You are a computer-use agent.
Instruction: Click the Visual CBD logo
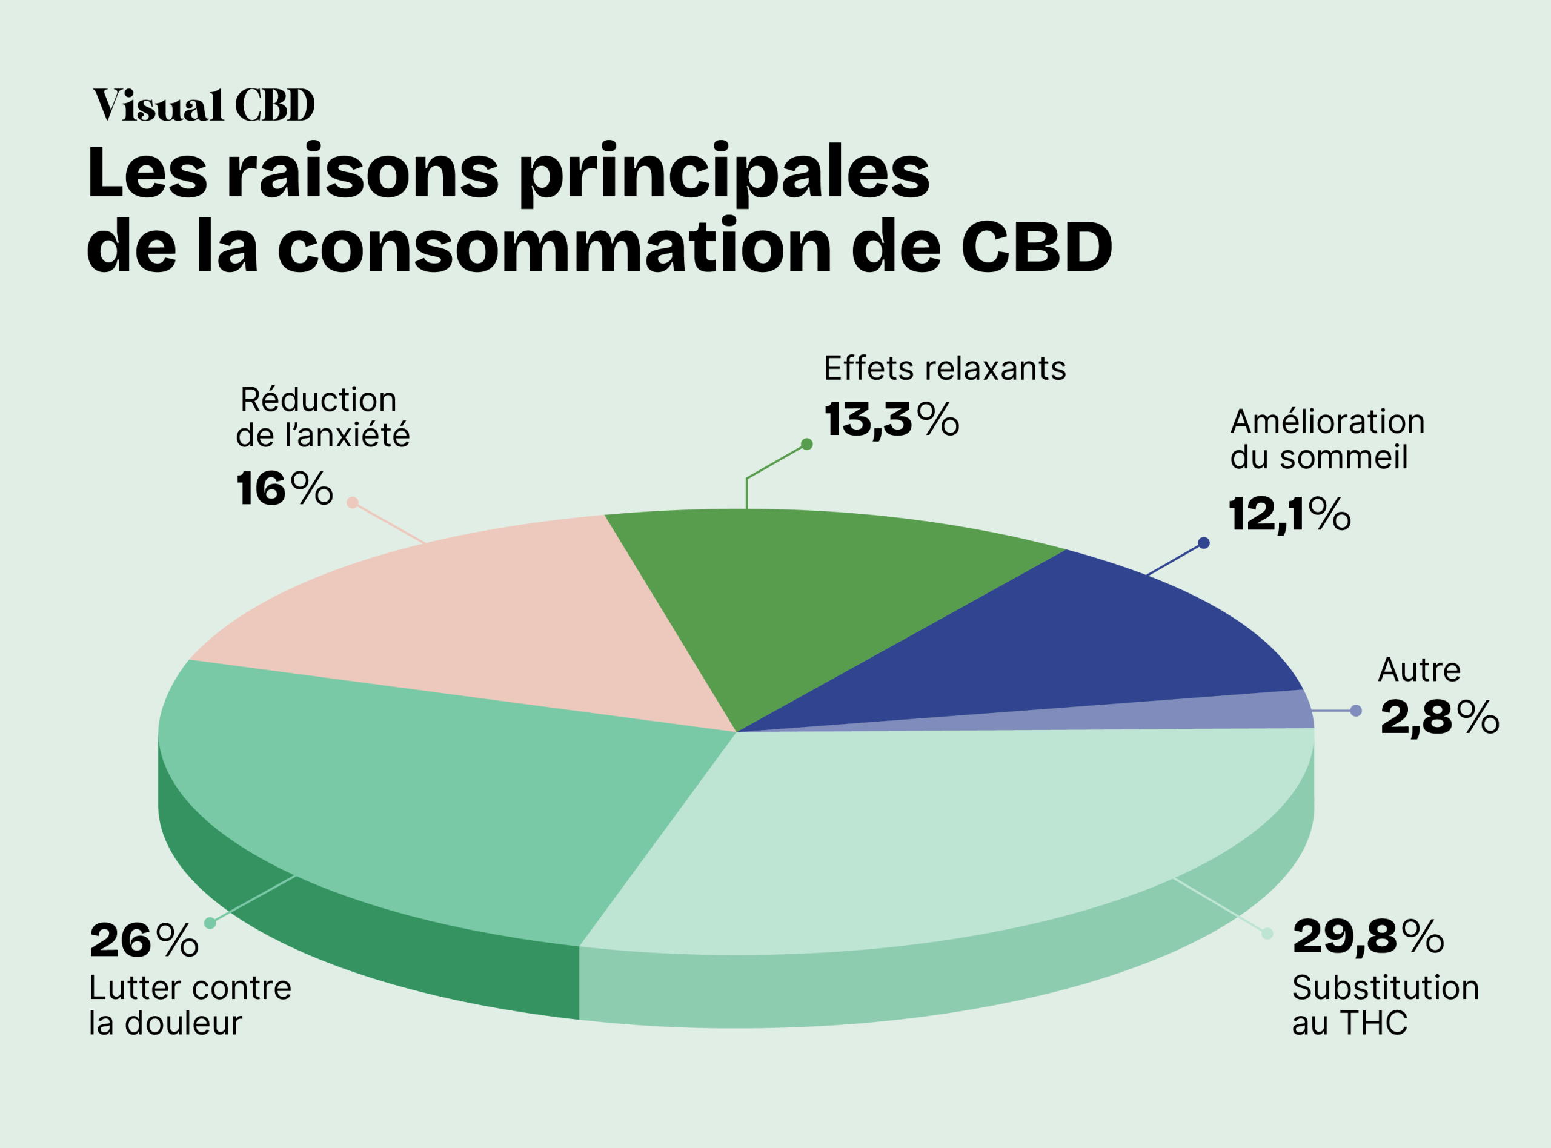tap(204, 105)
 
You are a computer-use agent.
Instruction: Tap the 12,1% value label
tap(1289, 515)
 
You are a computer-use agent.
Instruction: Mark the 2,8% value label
tap(1439, 718)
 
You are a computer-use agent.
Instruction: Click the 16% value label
tap(284, 488)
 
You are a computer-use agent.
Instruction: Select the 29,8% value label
tap(1367, 937)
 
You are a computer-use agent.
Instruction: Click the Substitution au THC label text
tap(1384, 1006)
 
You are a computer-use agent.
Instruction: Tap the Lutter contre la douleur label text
tap(190, 1006)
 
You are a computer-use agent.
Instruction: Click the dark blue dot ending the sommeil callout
tap(1204, 543)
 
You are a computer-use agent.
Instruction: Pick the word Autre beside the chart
tap(1419, 670)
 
